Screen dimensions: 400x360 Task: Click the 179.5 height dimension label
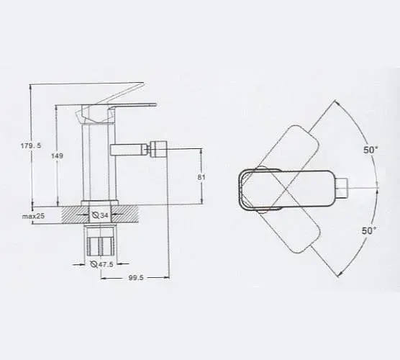click(31, 145)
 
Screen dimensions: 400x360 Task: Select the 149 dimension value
click(57, 156)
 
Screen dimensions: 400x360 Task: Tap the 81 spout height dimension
click(201, 177)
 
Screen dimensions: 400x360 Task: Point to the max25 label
click(33, 216)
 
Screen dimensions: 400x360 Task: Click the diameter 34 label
click(99, 215)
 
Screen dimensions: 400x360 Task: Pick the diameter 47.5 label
click(101, 264)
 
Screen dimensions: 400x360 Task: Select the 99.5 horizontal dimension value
click(136, 278)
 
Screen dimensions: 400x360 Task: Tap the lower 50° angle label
click(369, 231)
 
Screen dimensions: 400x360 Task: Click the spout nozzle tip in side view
click(158, 148)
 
